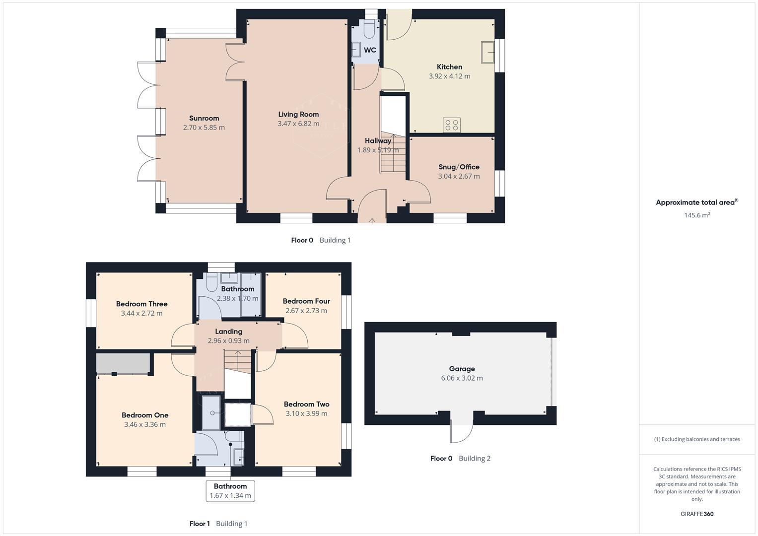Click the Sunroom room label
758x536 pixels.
[204, 118]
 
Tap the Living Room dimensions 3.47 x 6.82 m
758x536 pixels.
[298, 124]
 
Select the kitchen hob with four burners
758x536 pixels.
[452, 125]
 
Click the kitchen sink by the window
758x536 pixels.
[487, 52]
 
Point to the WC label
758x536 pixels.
[370, 50]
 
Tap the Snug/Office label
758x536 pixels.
[459, 167]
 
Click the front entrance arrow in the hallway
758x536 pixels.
[372, 221]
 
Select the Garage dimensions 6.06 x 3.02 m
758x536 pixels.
[462, 378]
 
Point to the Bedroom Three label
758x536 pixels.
[142, 304]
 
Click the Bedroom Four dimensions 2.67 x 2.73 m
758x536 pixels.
[306, 311]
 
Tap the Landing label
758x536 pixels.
[229, 332]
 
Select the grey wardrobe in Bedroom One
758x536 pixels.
[123, 364]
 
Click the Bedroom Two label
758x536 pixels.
[307, 404]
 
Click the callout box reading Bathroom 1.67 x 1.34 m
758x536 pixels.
[230, 491]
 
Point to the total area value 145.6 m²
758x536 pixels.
[697, 215]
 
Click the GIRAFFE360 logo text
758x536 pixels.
[697, 514]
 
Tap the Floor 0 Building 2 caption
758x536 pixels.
[460, 459]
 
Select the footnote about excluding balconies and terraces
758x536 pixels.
[697, 439]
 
